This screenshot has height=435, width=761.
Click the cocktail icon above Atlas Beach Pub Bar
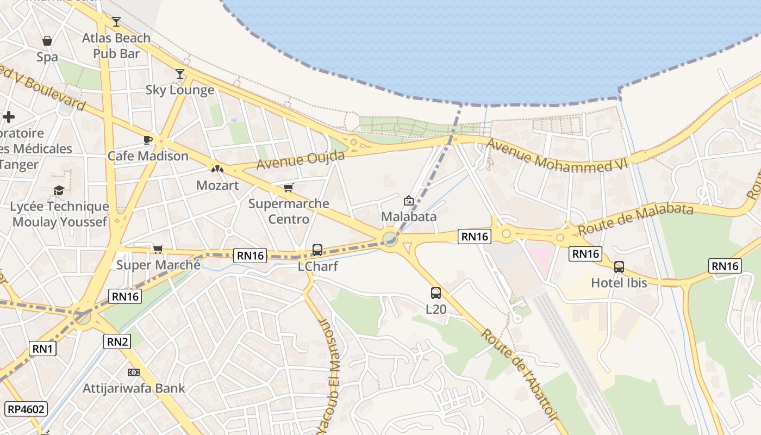click(116, 22)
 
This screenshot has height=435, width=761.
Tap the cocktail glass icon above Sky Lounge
click(180, 74)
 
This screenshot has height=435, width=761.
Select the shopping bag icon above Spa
click(47, 41)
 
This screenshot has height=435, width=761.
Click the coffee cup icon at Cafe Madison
click(147, 140)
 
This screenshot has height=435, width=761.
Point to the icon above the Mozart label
click(217, 169)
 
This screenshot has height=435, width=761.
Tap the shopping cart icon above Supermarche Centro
click(288, 188)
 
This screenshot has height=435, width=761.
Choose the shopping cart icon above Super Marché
click(158, 249)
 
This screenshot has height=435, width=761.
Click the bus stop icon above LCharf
click(317, 250)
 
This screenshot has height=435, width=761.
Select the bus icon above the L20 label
click(436, 293)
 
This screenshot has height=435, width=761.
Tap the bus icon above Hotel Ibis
click(619, 267)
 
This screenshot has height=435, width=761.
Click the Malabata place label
click(409, 216)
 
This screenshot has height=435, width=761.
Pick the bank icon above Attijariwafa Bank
click(134, 372)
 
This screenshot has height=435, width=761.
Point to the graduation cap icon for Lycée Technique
click(59, 190)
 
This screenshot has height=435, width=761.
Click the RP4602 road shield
click(27, 409)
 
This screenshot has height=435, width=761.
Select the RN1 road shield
click(42, 349)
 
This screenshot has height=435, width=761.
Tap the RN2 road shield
click(117, 341)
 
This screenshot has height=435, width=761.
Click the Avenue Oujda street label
click(301, 160)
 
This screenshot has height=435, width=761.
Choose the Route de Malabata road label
click(635, 219)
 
